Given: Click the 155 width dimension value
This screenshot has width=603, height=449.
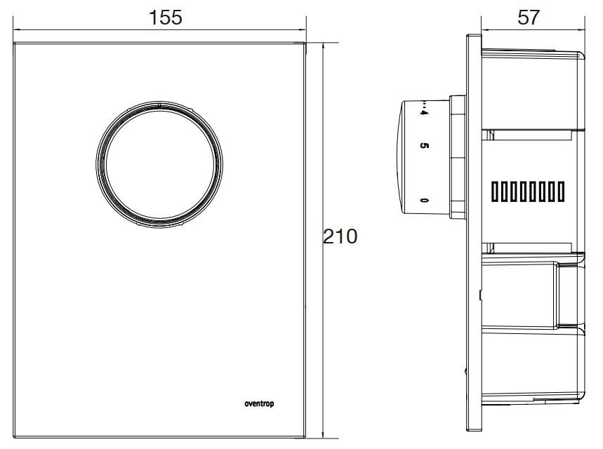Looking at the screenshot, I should (166, 18).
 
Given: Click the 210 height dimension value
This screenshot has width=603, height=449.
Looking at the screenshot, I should (340, 236).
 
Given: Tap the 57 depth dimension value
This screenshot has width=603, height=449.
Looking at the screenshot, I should (528, 18).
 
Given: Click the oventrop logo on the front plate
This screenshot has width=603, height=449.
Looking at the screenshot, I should (261, 403).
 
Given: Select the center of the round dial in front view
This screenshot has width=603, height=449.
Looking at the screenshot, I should (160, 166).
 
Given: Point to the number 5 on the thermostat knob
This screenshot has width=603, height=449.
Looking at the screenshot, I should (423, 146).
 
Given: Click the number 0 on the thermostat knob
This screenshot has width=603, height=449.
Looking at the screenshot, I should (423, 201).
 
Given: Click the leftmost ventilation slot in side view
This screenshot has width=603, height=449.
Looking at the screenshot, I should (495, 190).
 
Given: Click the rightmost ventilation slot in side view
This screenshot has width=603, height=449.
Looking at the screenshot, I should (560, 190).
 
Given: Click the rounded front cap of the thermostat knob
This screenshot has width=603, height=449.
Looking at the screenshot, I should (407, 154).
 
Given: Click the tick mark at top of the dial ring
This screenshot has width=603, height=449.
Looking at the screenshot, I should (160, 106).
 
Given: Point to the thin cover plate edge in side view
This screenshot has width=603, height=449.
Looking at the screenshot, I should (472, 281).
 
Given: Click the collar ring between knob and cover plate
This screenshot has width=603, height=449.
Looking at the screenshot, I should (456, 154).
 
